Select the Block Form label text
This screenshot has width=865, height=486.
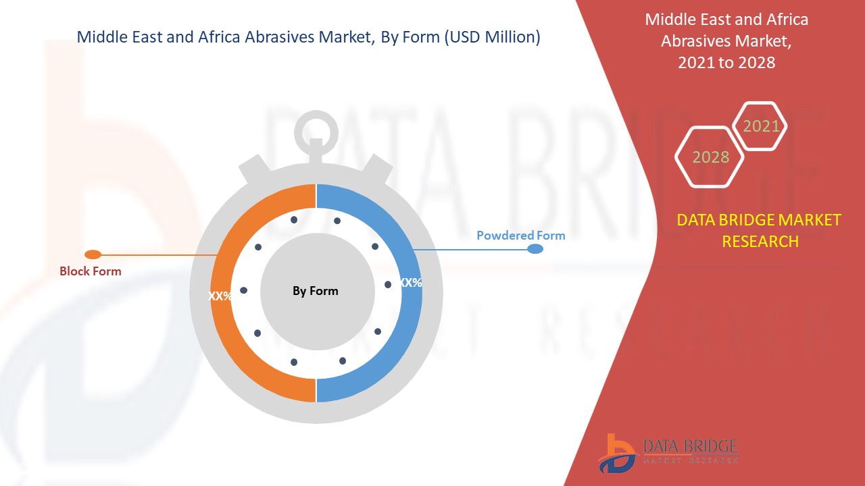(91, 271)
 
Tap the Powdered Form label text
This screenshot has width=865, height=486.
(520, 236)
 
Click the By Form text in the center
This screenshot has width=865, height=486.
(315, 291)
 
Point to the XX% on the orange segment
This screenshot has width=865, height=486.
(220, 296)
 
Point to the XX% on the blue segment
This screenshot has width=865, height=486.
(410, 283)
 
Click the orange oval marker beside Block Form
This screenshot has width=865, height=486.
(93, 254)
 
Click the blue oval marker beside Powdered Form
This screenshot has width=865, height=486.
(535, 249)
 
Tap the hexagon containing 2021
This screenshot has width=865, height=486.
(760, 126)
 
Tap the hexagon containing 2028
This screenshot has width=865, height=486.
(710, 157)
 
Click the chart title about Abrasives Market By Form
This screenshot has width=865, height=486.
(308, 37)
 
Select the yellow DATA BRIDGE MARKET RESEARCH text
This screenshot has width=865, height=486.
(760, 230)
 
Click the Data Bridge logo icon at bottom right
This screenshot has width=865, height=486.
(616, 452)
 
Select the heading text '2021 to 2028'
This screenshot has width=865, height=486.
(726, 63)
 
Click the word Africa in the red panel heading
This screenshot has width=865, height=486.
(783, 19)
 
